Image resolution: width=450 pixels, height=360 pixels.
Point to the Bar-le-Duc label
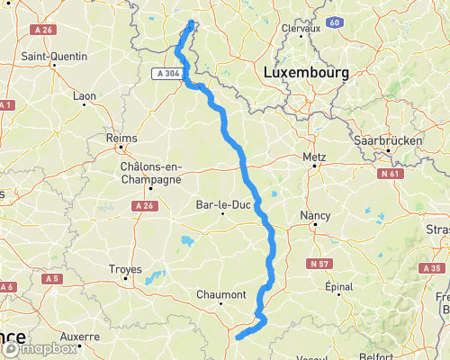point(221,205)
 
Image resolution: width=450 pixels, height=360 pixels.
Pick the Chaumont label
point(221,294)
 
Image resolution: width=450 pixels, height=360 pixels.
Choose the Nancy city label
point(315,216)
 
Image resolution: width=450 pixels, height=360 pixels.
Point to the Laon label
point(84,94)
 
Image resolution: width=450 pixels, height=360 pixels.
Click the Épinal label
point(337,288)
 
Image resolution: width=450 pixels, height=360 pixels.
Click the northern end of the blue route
point(192,22)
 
